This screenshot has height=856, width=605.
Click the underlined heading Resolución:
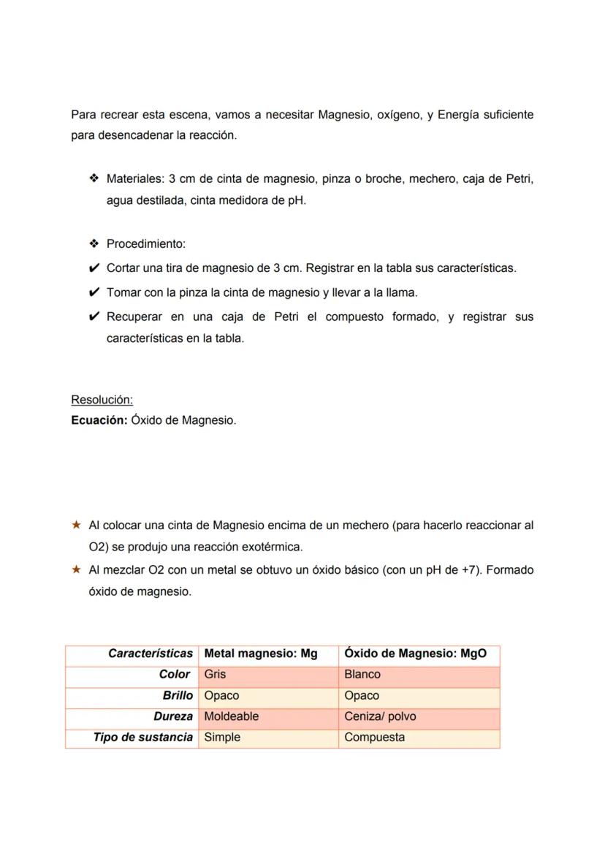[x=102, y=400]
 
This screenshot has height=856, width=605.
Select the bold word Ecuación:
[x=99, y=420]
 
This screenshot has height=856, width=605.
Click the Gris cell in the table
[x=215, y=674]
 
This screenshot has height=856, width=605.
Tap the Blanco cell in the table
[x=362, y=674]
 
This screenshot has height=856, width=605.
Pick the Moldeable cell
[x=231, y=716]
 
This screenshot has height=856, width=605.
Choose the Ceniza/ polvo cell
[x=380, y=716]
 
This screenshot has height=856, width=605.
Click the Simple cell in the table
[x=222, y=737]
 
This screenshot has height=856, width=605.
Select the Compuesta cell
[x=374, y=737]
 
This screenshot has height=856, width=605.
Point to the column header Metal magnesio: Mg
[x=261, y=654]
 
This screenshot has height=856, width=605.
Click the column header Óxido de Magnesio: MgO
[x=415, y=654]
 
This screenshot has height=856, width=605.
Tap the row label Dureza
[x=173, y=716]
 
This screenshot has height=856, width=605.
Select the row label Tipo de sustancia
[x=142, y=737]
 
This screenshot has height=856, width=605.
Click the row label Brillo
[x=178, y=695]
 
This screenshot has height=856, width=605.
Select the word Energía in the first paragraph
[x=460, y=115]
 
